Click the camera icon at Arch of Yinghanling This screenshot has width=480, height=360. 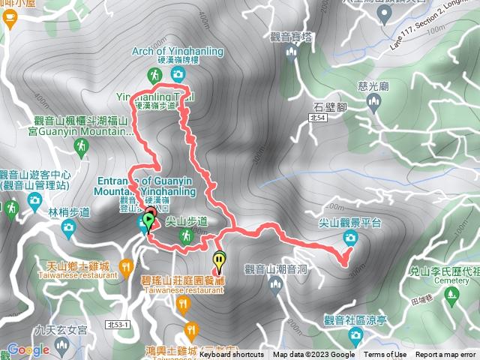click(x=178, y=73)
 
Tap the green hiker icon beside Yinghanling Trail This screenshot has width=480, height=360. click(x=154, y=75)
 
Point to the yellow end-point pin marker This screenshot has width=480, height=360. click(x=219, y=261)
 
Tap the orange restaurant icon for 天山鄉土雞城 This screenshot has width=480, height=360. click(x=125, y=265)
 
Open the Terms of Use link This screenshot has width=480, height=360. click(x=385, y=355)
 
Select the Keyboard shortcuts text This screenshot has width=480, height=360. click(x=231, y=355)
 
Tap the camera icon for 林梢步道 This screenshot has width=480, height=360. click(x=68, y=226)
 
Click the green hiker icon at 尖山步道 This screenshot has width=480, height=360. click(x=185, y=237)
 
